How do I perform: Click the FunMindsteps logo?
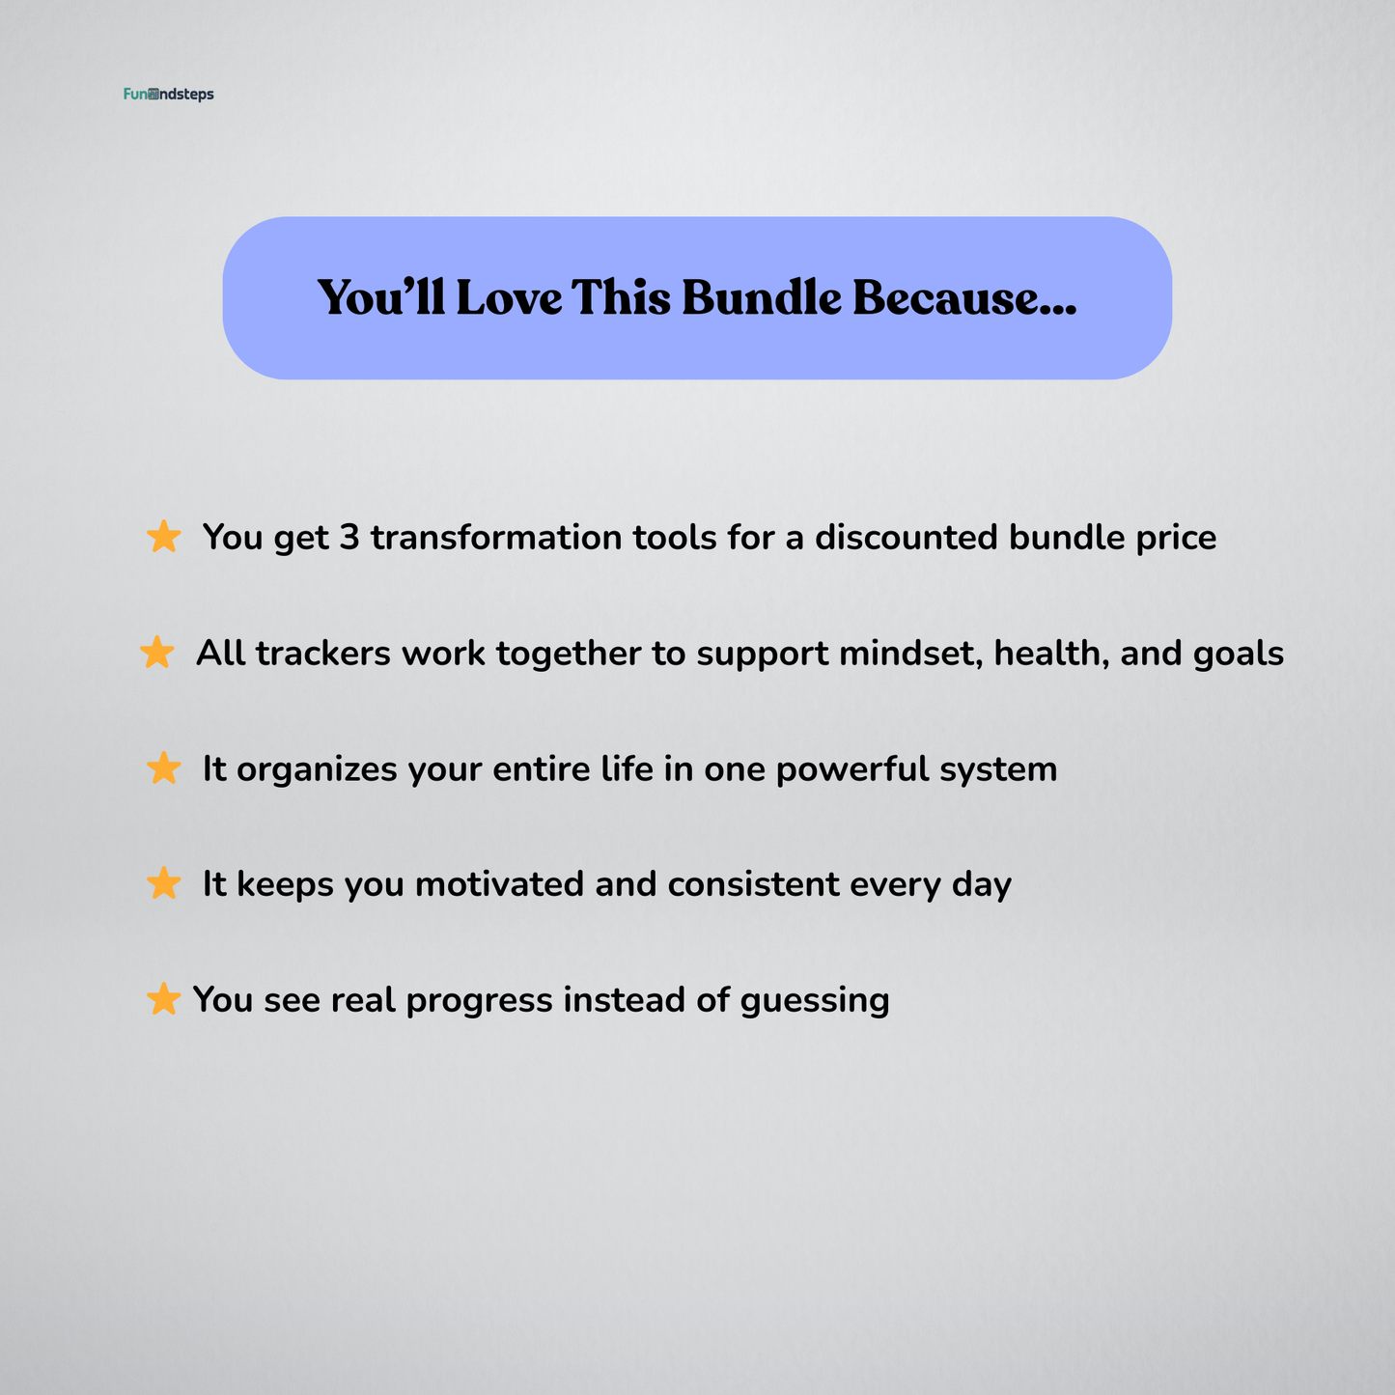pyautogui.click(x=169, y=95)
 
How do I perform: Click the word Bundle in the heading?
pyautogui.click(x=762, y=298)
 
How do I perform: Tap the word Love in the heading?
pyautogui.click(x=509, y=298)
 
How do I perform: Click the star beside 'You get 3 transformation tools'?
pyautogui.click(x=164, y=537)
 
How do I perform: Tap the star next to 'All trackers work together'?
pyautogui.click(x=157, y=653)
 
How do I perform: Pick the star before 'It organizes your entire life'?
pyautogui.click(x=164, y=768)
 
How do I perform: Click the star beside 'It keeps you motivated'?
pyautogui.click(x=164, y=883)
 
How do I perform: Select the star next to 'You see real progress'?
pyautogui.click(x=163, y=999)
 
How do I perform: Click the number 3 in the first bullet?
pyautogui.click(x=349, y=538)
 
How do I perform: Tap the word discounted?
pyautogui.click(x=906, y=538)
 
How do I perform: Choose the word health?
pyautogui.click(x=1050, y=654)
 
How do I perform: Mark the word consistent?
pyautogui.click(x=753, y=884)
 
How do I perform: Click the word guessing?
pyautogui.click(x=815, y=1001)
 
